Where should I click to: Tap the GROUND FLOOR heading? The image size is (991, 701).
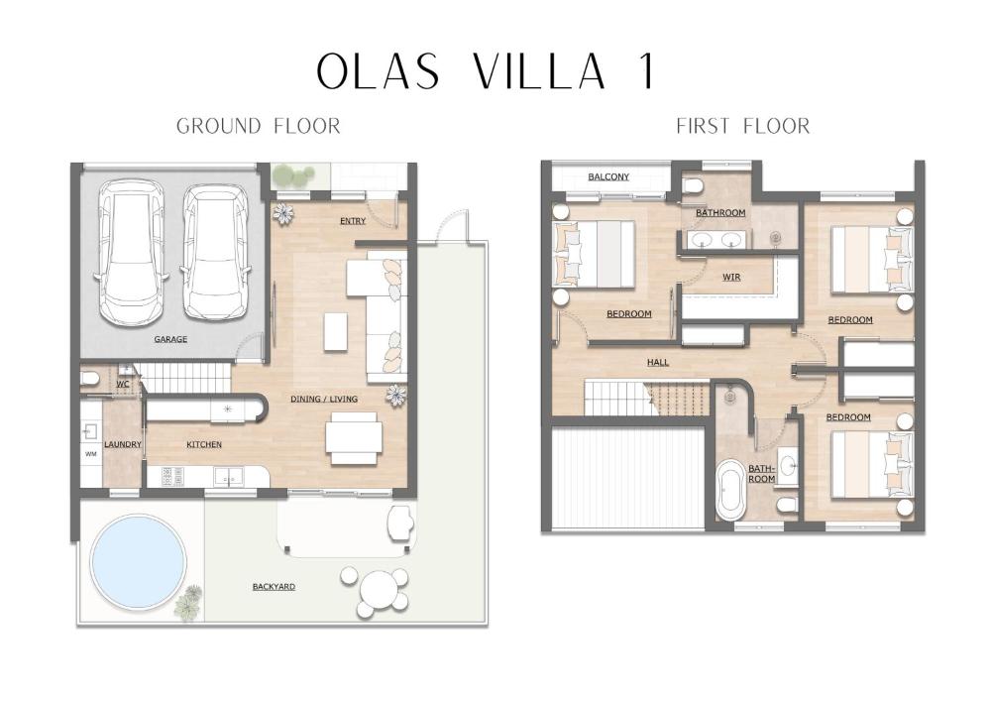click(x=258, y=126)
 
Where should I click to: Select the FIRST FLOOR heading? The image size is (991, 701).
click(x=742, y=126)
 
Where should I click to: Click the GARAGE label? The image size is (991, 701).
click(x=170, y=339)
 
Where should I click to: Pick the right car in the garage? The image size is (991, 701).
click(x=215, y=254)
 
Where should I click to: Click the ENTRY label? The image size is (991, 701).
click(x=353, y=220)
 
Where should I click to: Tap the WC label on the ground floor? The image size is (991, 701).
click(x=123, y=383)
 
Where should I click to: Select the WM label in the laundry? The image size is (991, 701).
click(x=91, y=455)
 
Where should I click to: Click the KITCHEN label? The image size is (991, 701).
click(x=204, y=444)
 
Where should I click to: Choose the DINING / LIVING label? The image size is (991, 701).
click(x=324, y=399)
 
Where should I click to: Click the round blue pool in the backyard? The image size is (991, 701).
click(x=138, y=561)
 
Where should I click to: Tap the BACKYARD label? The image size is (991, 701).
click(x=274, y=587)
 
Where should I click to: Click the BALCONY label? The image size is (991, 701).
click(x=608, y=177)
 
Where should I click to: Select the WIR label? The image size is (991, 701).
click(x=732, y=278)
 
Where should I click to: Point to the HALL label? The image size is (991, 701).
click(x=657, y=362)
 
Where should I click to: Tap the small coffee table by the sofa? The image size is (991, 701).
click(x=336, y=331)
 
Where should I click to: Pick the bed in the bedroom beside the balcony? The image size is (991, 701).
click(x=595, y=254)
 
